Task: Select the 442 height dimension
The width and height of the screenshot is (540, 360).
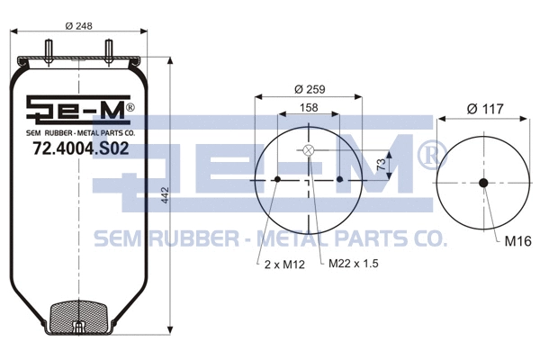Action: click(x=164, y=201)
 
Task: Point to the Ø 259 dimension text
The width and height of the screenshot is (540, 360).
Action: click(x=310, y=88)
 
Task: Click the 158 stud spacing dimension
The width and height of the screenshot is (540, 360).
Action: click(x=309, y=108)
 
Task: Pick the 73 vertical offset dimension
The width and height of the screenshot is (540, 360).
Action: click(x=381, y=164)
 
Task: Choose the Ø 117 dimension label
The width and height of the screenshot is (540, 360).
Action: click(x=484, y=109)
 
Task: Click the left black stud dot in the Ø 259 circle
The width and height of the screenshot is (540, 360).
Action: click(x=277, y=180)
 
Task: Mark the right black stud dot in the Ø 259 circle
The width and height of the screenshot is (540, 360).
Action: click(x=340, y=180)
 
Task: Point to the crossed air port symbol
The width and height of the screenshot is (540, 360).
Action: click(x=309, y=150)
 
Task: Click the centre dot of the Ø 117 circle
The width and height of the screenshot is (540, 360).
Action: click(x=483, y=184)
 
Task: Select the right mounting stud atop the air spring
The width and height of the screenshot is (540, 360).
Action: click(x=107, y=47)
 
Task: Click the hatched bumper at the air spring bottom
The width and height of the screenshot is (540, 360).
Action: click(x=80, y=318)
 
